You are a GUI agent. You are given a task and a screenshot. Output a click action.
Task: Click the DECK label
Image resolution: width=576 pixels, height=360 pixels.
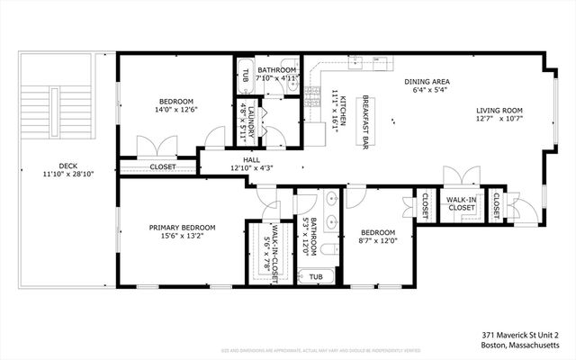pyautogui.click(x=68, y=165)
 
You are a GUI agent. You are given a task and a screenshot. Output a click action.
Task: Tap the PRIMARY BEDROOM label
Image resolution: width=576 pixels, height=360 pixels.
pyautogui.click(x=183, y=228)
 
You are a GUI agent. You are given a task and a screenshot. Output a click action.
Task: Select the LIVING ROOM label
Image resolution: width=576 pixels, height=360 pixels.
pyautogui.click(x=499, y=112)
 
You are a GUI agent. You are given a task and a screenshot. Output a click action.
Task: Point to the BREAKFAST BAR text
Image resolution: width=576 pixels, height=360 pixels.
pyautogui.click(x=367, y=116)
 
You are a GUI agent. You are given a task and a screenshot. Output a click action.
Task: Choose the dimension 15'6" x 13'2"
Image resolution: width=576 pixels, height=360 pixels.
pyautogui.click(x=183, y=238)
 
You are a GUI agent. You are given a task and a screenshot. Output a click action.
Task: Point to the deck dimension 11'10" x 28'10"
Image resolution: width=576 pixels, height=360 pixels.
pyautogui.click(x=68, y=174)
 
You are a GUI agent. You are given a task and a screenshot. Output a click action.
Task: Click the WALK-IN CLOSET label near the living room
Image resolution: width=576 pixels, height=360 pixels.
pyautogui.click(x=461, y=203)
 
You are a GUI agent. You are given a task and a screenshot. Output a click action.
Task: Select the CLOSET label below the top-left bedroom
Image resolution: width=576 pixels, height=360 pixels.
pyautogui.click(x=163, y=166)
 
